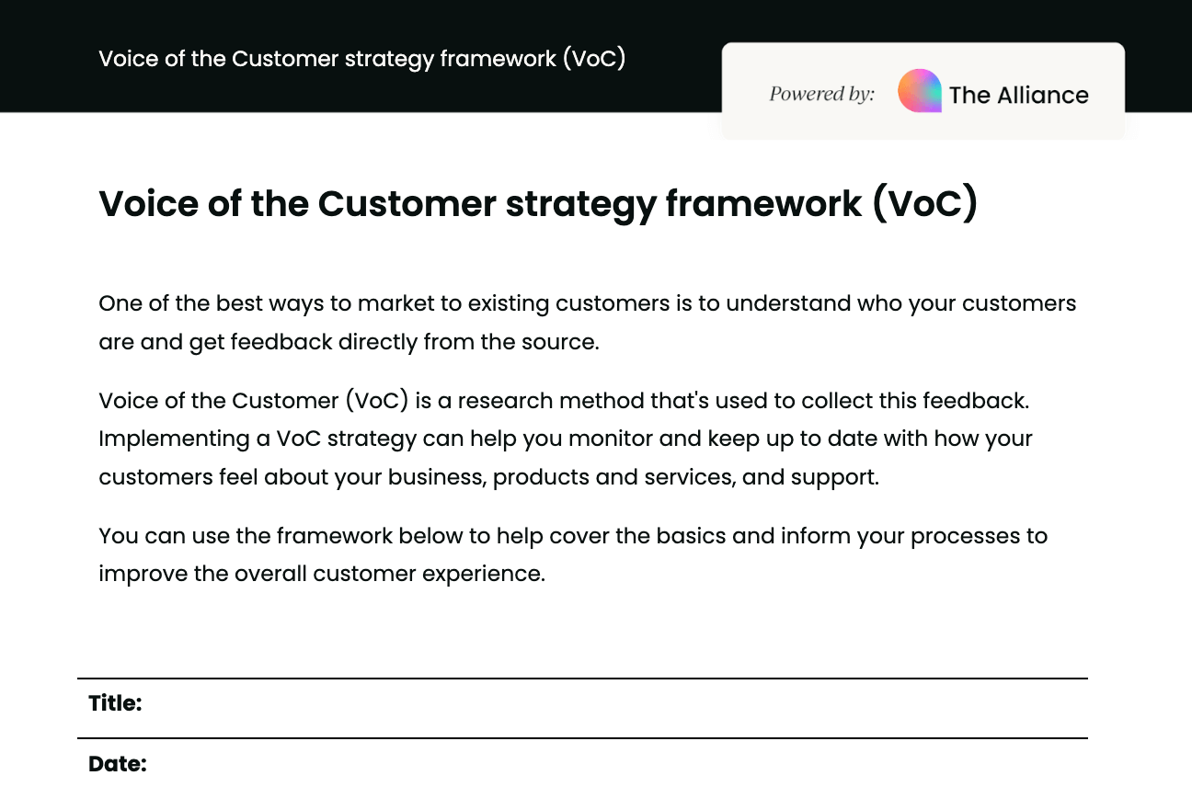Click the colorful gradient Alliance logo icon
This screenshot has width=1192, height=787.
tap(919, 91)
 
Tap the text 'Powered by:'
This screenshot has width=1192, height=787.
tap(821, 94)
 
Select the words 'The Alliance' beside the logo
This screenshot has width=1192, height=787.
tap(1018, 95)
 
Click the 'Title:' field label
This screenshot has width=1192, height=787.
tap(115, 703)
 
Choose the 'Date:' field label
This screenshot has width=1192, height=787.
tap(117, 764)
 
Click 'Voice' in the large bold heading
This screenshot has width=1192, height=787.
tap(144, 203)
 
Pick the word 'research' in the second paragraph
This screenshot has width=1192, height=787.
tap(505, 401)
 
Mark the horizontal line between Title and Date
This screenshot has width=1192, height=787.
tap(582, 737)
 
